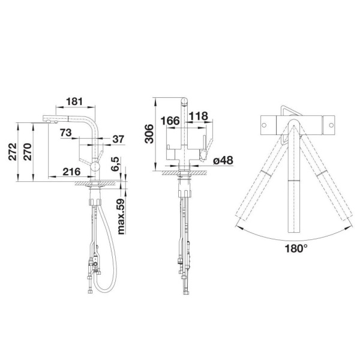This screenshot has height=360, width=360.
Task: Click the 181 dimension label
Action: [74, 101]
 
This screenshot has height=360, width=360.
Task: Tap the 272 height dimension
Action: [13, 152]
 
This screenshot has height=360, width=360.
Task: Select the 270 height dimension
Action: [28, 152]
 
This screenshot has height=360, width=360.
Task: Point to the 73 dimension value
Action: [65, 133]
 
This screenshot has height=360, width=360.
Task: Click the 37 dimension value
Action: [118, 139]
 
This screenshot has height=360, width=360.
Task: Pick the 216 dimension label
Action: [71, 172]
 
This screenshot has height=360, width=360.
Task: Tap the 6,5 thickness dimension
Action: [115, 164]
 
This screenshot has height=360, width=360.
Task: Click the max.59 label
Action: [121, 217]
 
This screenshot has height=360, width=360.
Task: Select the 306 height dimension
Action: [149, 134]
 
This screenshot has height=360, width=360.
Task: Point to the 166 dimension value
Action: [170, 121]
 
